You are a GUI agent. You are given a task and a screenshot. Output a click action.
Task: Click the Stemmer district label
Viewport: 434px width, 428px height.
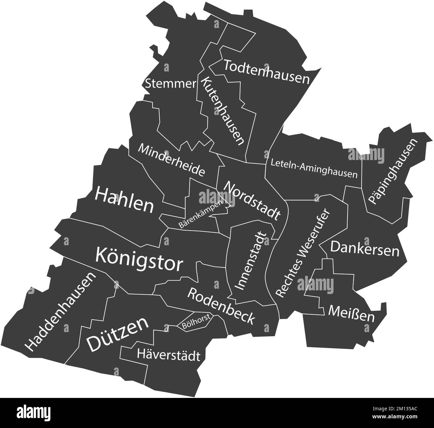[x=170, y=83]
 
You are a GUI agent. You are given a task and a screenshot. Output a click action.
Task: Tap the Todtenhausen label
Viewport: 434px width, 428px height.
[x=267, y=72]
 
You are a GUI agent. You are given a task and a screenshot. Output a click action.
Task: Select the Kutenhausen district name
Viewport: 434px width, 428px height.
[x=222, y=111]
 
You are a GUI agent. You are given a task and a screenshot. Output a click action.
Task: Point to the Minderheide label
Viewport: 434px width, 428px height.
[x=171, y=160]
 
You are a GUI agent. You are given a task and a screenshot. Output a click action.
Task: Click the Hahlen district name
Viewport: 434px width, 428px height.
[x=124, y=200]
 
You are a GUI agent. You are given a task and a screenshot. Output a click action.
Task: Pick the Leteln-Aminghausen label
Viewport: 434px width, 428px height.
[x=314, y=169]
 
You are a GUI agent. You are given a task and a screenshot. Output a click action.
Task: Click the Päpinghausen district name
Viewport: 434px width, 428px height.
[x=393, y=171]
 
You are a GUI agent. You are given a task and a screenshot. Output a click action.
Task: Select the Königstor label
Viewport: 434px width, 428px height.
[x=139, y=259]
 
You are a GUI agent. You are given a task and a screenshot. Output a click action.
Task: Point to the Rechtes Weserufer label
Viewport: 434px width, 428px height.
[x=303, y=254]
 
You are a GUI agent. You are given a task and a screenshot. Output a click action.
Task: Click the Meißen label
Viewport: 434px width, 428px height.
[x=351, y=313]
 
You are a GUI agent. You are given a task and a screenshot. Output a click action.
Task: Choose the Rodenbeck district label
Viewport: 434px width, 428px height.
[x=221, y=305]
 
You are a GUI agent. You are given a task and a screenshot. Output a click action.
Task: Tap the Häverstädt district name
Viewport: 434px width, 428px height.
[x=169, y=355]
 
